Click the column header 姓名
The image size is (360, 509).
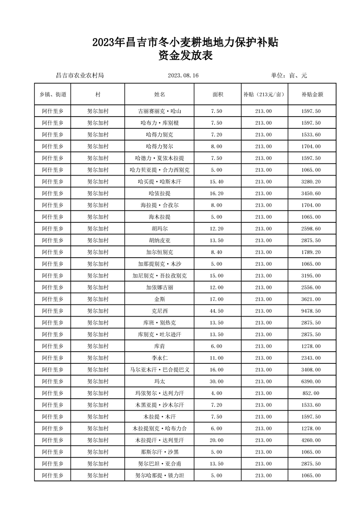click(159, 94)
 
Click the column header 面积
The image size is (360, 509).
click(217, 94)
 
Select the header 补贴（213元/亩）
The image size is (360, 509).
click(263, 94)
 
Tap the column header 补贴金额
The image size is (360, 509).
click(311, 94)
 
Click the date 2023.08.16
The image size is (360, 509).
click(183, 75)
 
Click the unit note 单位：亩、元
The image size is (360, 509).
click(289, 75)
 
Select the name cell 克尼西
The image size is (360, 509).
click(159, 311)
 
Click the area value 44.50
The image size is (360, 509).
click(217, 311)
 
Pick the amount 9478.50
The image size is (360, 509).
click(311, 311)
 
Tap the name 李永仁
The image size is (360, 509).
click(159, 358)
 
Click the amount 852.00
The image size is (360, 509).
click(311, 393)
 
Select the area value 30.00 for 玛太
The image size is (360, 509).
click(217, 382)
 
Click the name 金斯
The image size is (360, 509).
click(159, 299)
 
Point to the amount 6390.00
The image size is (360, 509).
click(311, 382)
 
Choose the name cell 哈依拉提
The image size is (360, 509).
click(159, 193)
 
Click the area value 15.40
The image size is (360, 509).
click(217, 181)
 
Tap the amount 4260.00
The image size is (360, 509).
click(311, 440)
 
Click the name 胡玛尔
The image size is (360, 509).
click(159, 229)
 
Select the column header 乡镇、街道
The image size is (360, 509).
click(53, 94)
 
